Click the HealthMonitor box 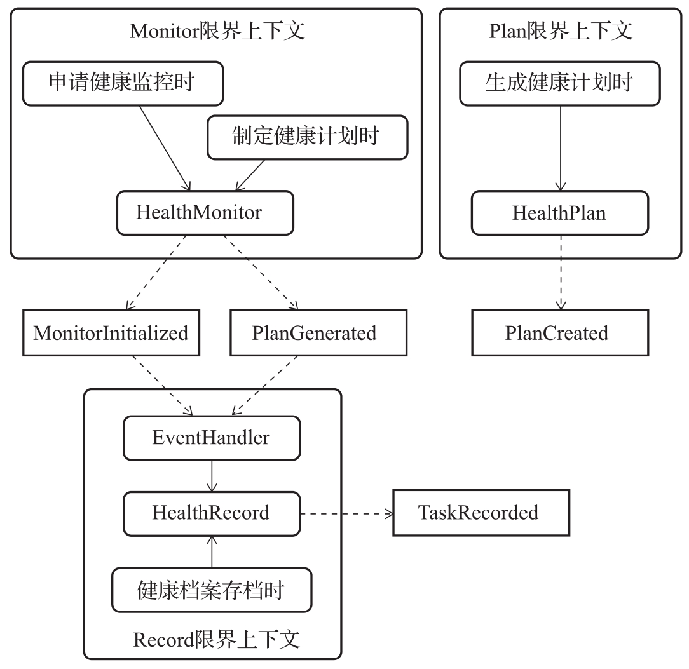click(x=205, y=212)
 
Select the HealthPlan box click(x=559, y=212)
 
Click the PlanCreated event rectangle click(x=559, y=332)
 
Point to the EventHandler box click(x=211, y=438)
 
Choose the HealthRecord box click(x=211, y=512)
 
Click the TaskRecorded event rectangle click(x=478, y=512)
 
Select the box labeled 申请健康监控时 click(x=123, y=83)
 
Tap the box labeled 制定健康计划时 click(x=308, y=137)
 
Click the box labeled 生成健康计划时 click(x=559, y=83)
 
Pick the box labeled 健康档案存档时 click(x=211, y=590)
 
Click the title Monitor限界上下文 click(x=217, y=31)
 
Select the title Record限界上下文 click(x=217, y=639)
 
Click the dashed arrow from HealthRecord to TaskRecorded click(x=346, y=512)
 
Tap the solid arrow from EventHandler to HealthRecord click(x=211, y=475)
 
